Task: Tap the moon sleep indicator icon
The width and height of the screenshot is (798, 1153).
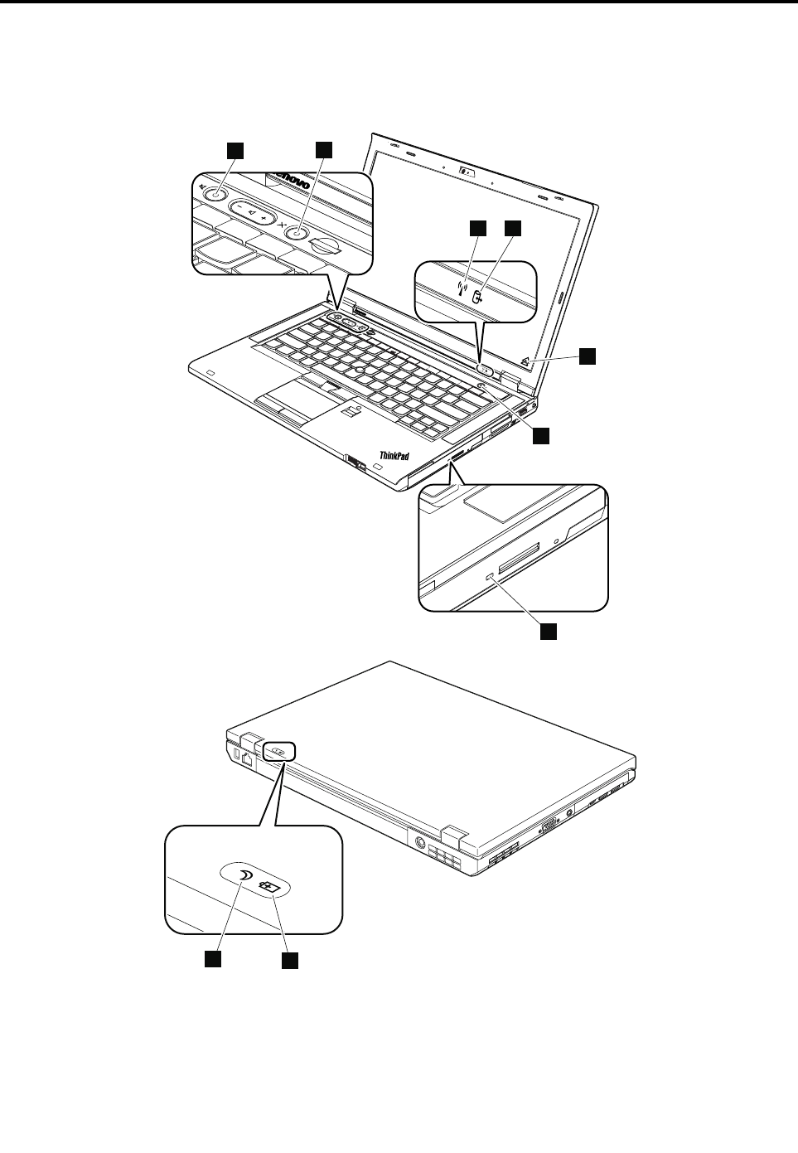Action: point(244,877)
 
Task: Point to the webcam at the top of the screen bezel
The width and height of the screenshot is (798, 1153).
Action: point(467,172)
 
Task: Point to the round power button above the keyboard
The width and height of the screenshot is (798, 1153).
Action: point(481,385)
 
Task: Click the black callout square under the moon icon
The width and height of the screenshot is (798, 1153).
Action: point(214,959)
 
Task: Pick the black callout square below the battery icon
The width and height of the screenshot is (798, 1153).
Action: point(288,960)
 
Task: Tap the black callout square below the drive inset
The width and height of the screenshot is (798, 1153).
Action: point(549,632)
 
